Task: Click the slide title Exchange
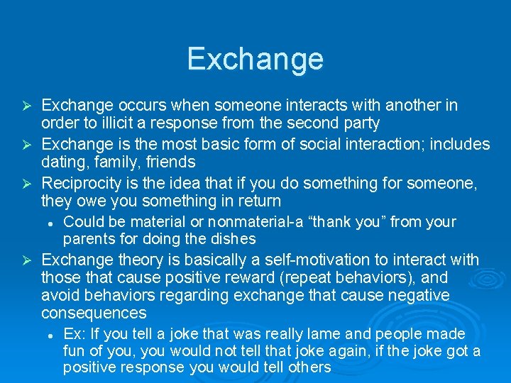pyautogui.click(x=255, y=58)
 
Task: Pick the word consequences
pyautogui.click(x=94, y=313)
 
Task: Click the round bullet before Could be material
pyautogui.click(x=51, y=223)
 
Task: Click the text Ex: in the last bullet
pyautogui.click(x=74, y=334)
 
